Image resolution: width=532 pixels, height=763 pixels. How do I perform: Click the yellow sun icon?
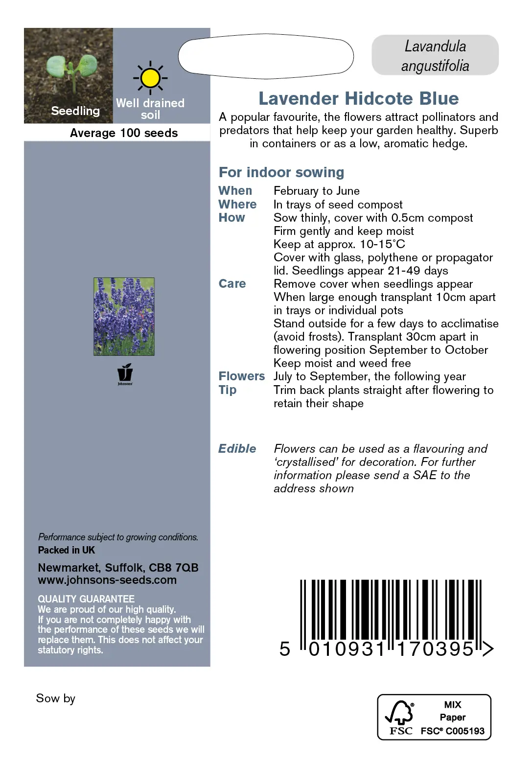coord(150,78)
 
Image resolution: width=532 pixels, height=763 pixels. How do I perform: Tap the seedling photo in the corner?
coord(69,75)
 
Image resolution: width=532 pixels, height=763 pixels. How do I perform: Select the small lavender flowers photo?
coord(124,316)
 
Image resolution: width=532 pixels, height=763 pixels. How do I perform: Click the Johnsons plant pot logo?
coord(125,374)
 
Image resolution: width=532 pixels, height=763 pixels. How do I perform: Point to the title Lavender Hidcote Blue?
coord(358,99)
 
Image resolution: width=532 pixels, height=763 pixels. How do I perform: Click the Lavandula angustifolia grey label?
coord(435,56)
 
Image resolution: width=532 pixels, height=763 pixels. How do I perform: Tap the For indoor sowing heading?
coord(281,172)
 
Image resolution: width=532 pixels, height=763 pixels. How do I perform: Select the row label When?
coord(235,191)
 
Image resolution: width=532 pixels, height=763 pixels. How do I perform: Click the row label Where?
coord(237,204)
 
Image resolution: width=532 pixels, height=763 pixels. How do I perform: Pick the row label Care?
coord(232,284)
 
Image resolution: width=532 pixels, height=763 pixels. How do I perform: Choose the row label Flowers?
coord(242,376)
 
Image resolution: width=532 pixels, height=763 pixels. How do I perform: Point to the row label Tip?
coord(228,390)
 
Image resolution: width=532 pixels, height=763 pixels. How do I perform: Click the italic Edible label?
coord(237,449)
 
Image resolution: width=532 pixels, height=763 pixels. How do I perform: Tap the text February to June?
coord(317,191)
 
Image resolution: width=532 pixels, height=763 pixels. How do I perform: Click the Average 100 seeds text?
coord(124,133)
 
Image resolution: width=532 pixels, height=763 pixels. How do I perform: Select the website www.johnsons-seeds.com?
coord(107,580)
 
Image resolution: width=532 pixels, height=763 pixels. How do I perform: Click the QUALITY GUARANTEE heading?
coord(86,599)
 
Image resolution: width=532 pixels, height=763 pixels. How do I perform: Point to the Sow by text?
coord(56,698)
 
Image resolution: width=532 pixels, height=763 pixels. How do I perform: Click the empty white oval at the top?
coord(266,56)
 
